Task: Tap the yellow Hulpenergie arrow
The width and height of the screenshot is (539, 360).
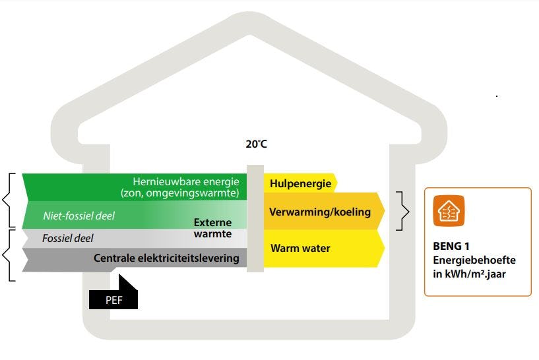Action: point(300,184)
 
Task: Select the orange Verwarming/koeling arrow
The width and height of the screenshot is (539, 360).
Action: point(320,212)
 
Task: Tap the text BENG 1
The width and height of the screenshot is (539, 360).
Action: point(447,247)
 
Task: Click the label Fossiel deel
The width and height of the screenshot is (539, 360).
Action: point(67,238)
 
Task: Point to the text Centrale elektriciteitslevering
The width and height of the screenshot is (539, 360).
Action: point(166,258)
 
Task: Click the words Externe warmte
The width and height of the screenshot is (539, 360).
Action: point(212,228)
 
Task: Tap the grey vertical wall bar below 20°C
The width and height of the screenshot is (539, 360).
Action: point(255,218)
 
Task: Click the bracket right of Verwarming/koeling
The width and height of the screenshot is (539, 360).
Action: point(404,212)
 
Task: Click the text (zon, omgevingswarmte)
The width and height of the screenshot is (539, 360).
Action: point(179,193)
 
